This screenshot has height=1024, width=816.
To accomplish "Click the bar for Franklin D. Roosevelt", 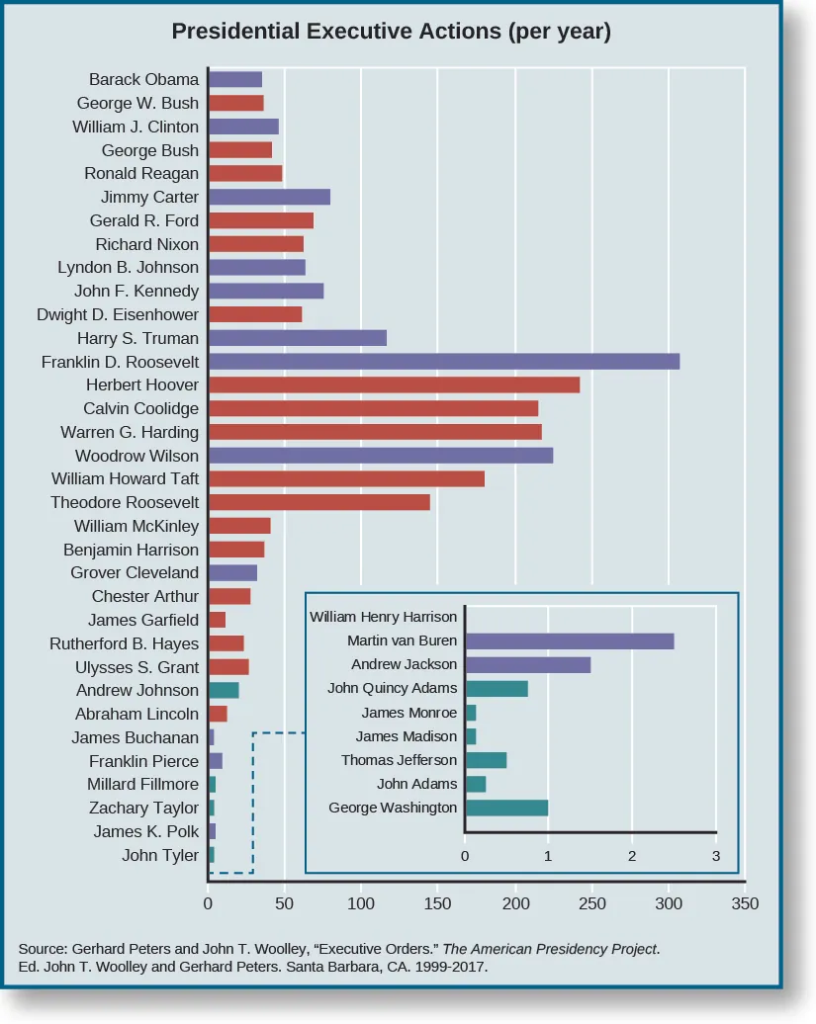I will (x=444, y=362).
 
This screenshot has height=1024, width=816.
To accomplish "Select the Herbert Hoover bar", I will (x=394, y=385).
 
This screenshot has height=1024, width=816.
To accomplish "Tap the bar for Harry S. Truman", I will (x=297, y=338).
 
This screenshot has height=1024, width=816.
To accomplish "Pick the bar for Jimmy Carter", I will (x=269, y=197).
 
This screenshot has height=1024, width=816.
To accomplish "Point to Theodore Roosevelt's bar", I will (x=318, y=502).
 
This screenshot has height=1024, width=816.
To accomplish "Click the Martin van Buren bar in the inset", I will (x=570, y=641).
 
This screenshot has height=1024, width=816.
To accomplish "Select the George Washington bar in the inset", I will (x=506, y=808).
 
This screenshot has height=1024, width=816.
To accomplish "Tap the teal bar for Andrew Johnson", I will (x=224, y=690).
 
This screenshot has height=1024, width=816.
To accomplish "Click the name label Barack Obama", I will (x=143, y=79).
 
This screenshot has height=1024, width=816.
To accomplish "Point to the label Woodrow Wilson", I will (x=136, y=456).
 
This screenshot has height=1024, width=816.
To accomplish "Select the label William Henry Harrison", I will (x=384, y=617).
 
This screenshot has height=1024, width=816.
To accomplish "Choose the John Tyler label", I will (x=160, y=855).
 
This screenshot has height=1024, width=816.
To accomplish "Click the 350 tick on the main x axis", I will (x=745, y=902).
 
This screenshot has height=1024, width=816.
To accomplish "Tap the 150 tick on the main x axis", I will (x=437, y=902).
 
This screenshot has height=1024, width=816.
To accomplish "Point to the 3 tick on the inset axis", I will (x=715, y=856).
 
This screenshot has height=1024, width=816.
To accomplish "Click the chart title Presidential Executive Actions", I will (x=391, y=31).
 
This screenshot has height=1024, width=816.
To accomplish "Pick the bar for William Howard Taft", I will (x=346, y=478).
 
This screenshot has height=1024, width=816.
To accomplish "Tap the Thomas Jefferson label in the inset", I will (x=400, y=760).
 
